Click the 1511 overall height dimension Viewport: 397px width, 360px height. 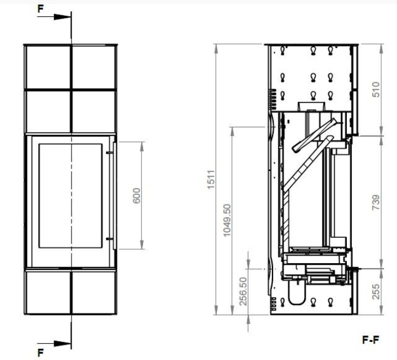point(211,179)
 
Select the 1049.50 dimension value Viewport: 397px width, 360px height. point(227,220)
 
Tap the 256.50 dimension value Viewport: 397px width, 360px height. point(243,291)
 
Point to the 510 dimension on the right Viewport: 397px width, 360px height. point(376,89)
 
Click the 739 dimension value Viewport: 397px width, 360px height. point(376,202)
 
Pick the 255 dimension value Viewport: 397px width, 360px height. point(376,291)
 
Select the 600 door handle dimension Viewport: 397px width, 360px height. point(136,195)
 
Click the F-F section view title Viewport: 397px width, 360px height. point(371,340)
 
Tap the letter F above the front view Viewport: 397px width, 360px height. point(41,8)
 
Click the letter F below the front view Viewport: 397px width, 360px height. point(41,353)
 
